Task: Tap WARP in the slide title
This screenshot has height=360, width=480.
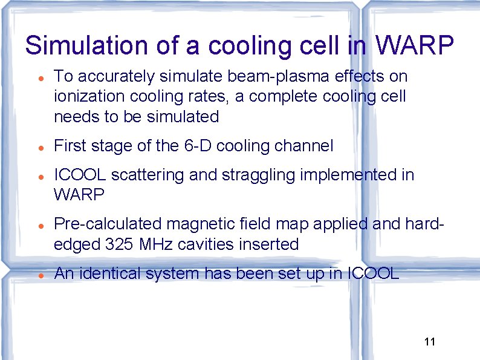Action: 415,46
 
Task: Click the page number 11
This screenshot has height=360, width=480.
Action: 430,342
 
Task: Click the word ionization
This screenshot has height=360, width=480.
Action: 82,96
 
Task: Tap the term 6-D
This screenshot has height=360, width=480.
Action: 196,146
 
